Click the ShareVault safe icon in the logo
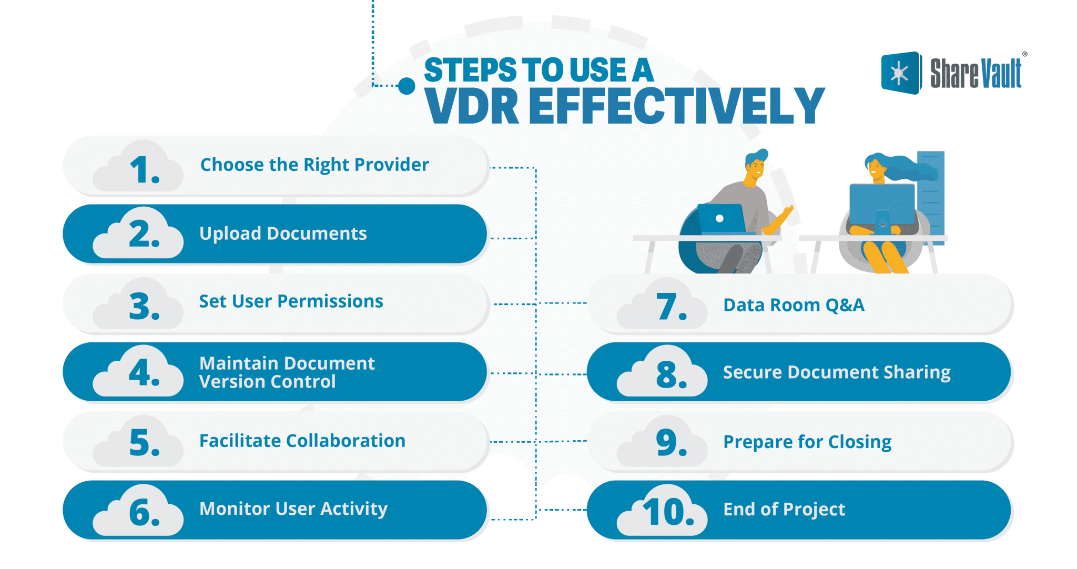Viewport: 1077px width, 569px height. [900, 73]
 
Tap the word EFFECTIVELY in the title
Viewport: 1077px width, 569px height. [677, 106]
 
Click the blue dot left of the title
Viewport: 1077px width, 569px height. [407, 86]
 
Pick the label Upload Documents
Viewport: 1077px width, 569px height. [283, 233]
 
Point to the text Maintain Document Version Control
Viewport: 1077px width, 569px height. [287, 372]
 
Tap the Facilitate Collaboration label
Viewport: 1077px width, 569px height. [302, 441]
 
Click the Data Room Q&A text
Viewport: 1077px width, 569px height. [794, 305]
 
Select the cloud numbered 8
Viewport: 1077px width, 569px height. [663, 374]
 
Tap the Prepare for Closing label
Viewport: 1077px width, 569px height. [807, 442]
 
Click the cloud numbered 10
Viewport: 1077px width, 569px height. [663, 512]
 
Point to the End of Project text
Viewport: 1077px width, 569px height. [784, 509]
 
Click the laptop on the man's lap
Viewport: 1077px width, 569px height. [721, 218]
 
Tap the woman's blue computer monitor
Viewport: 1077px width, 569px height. [881, 204]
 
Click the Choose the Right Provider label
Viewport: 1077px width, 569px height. [314, 165]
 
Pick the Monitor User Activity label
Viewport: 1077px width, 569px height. [293, 509]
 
